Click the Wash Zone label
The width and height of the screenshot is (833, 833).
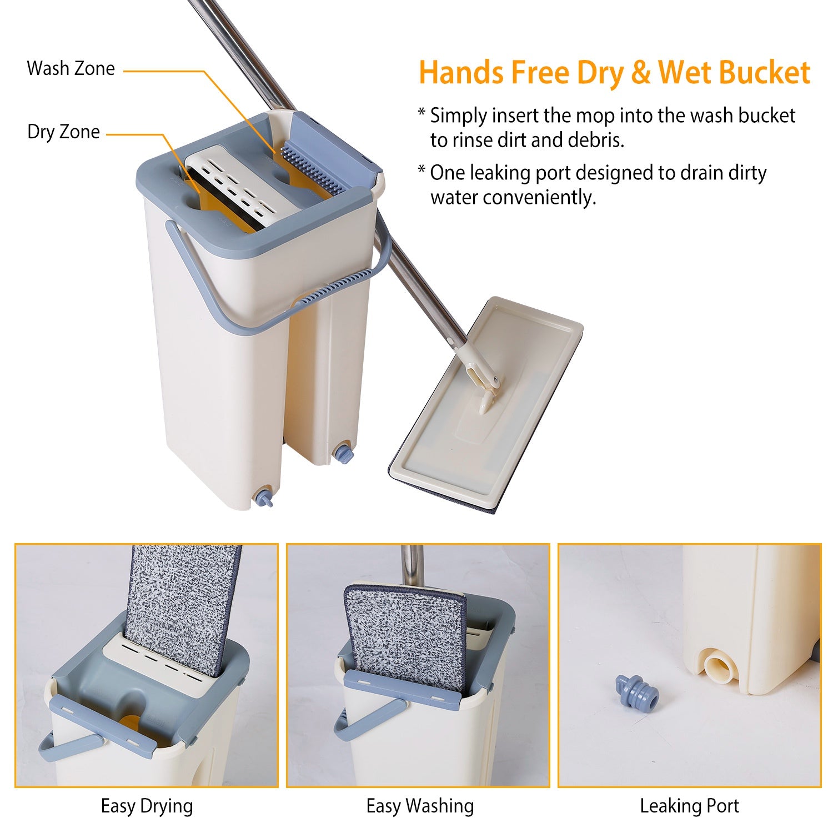click(71, 68)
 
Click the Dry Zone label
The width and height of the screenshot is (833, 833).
click(63, 132)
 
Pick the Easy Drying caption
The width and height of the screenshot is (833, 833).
click(147, 806)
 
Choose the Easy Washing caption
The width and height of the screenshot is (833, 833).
click(420, 806)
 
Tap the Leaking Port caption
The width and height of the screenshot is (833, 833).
click(689, 806)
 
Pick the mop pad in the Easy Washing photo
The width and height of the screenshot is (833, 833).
click(404, 639)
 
